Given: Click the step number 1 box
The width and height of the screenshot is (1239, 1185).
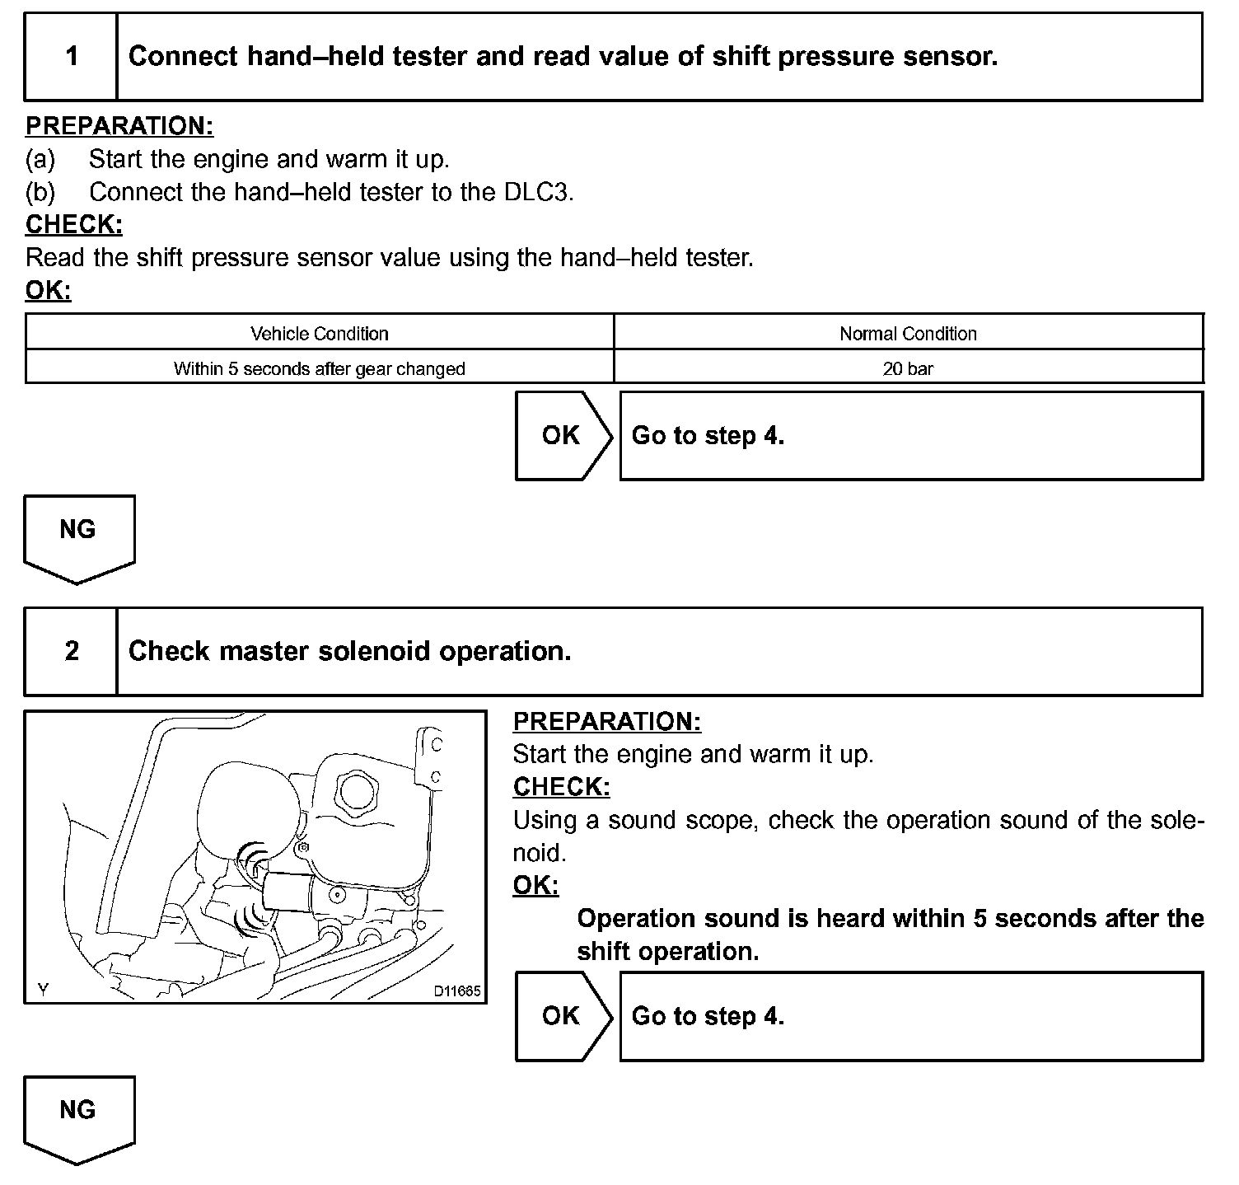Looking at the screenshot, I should (x=72, y=57).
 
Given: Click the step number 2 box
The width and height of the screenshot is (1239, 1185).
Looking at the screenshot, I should (x=72, y=652).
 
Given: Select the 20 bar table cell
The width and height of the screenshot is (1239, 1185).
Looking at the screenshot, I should (x=908, y=368).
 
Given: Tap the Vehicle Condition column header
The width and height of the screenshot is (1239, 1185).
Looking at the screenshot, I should (x=320, y=334).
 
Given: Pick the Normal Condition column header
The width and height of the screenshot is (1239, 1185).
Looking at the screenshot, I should (x=908, y=334).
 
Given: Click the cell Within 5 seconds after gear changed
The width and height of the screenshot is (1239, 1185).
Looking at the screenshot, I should (x=320, y=368).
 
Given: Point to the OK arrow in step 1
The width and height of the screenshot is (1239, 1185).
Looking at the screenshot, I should (x=563, y=436).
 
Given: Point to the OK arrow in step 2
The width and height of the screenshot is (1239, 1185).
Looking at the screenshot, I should (x=563, y=1016).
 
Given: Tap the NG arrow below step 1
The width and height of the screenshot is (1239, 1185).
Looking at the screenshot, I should (x=78, y=536).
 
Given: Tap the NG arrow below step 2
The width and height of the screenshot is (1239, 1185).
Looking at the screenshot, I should (x=78, y=1116).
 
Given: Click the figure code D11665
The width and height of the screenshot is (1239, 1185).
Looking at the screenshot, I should (x=457, y=991).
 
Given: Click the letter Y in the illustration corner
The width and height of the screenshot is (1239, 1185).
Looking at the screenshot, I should (x=43, y=991).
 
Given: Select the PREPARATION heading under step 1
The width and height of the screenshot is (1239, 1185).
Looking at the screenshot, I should (x=119, y=126).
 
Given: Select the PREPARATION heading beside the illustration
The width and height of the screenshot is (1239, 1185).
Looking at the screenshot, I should (x=606, y=721).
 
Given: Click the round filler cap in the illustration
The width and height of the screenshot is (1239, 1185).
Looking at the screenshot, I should (x=358, y=791).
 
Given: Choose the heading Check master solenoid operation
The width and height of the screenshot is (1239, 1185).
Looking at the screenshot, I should (x=349, y=652).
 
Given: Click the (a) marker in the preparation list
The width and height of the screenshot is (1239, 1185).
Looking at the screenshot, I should (x=40, y=158).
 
